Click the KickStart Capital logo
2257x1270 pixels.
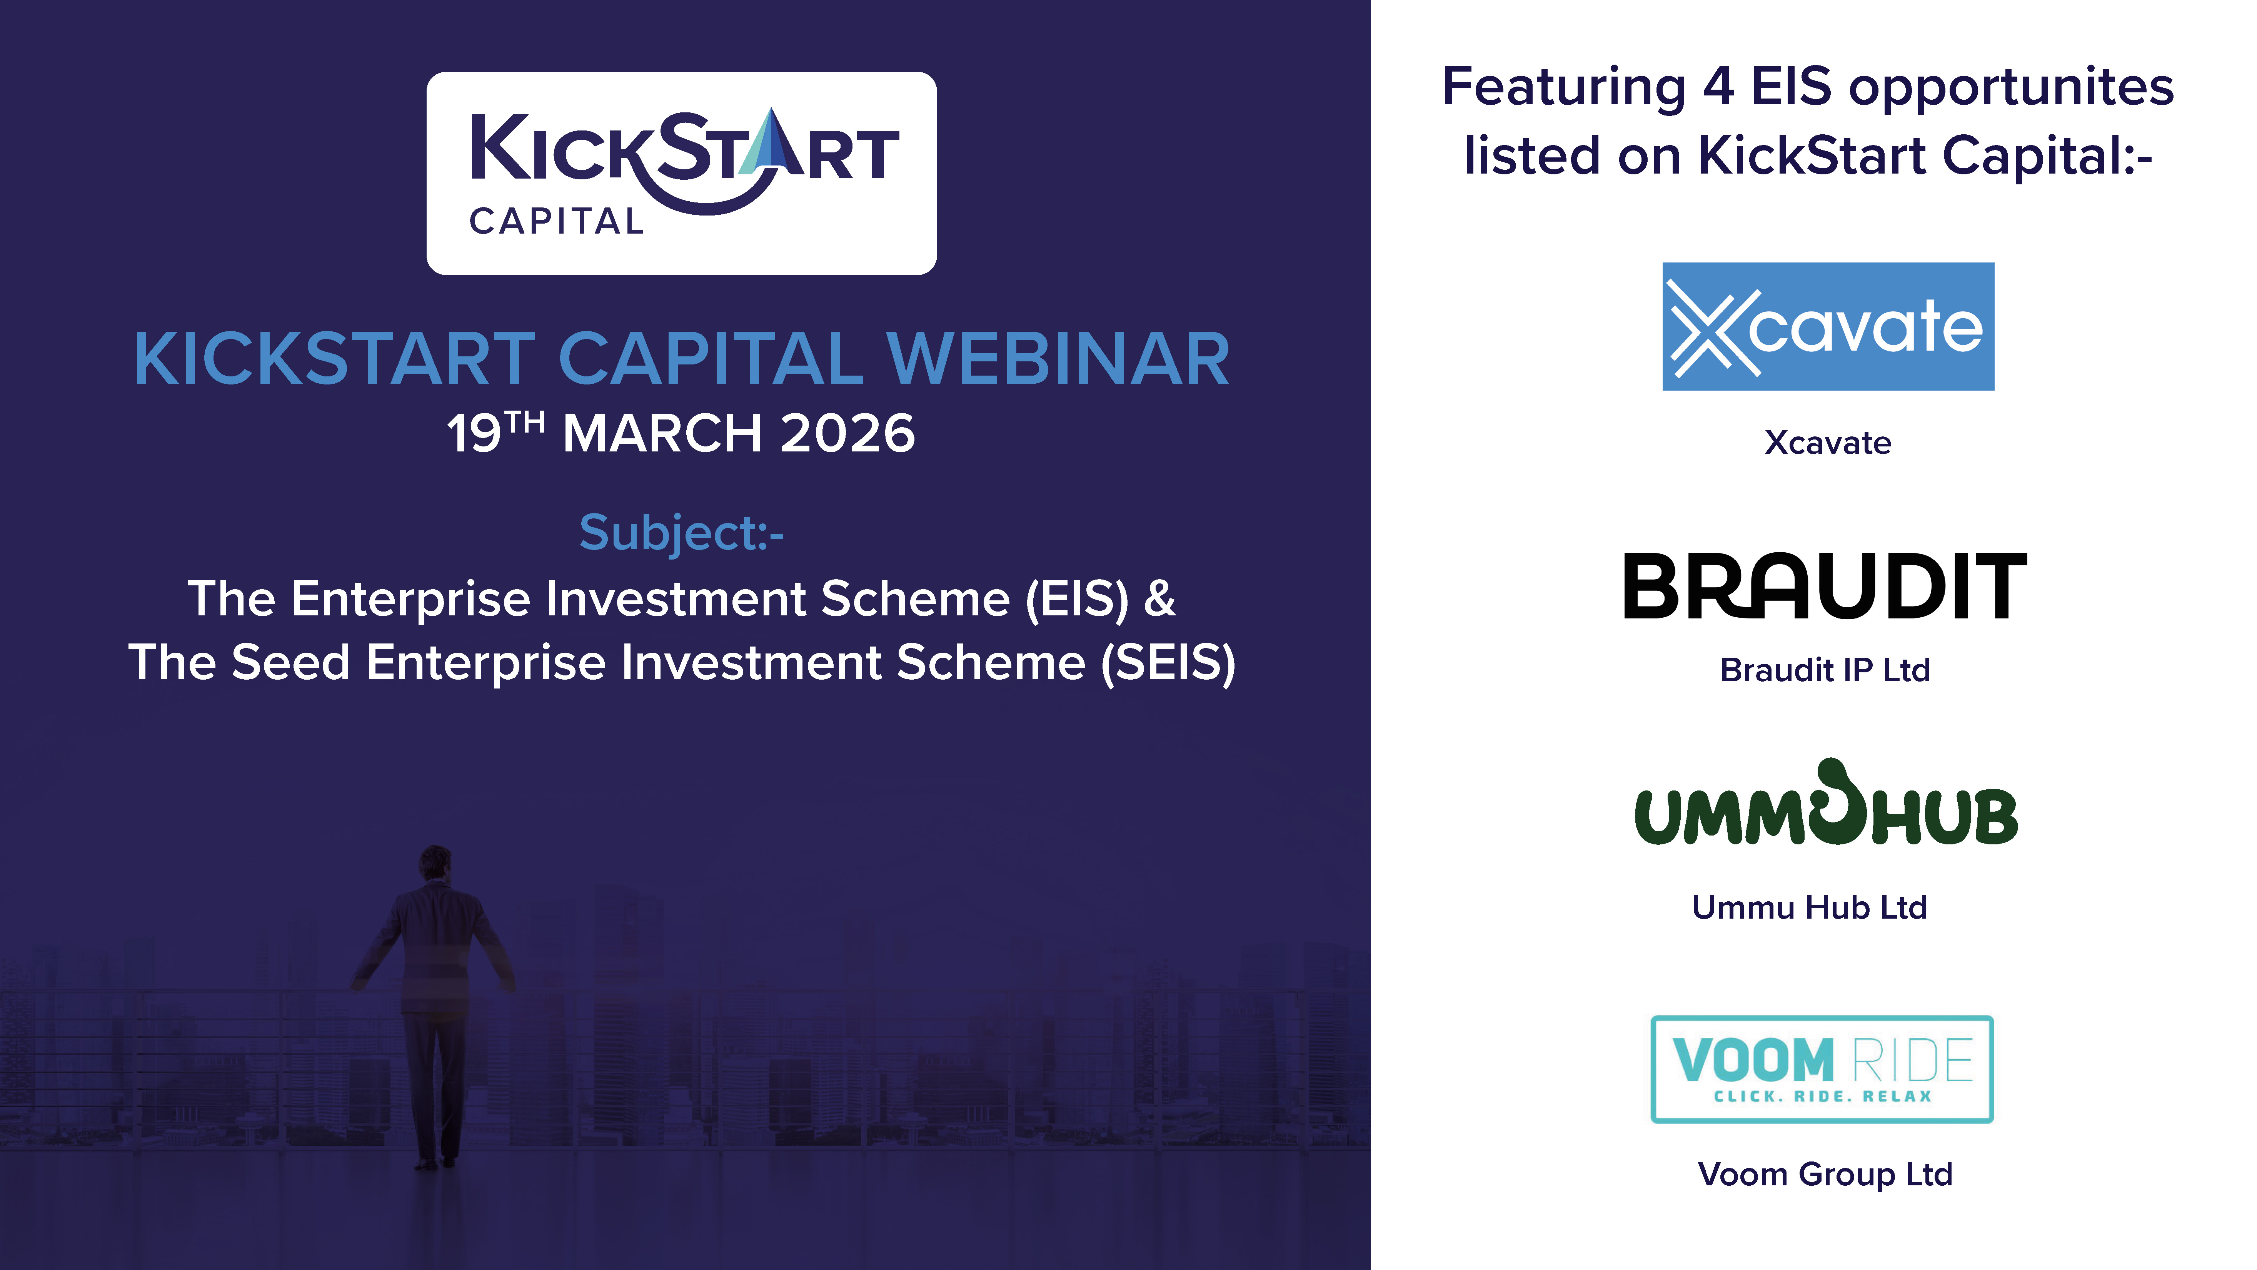(682, 174)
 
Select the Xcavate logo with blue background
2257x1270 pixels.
(1828, 326)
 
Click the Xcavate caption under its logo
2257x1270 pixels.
(1828, 443)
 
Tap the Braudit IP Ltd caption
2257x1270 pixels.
(1825, 670)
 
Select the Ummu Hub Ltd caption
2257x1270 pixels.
(1809, 907)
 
